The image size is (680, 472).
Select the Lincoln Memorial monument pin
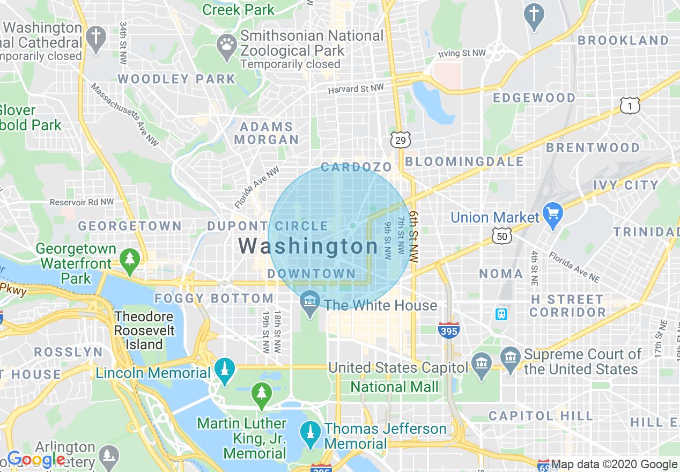pyautogui.click(x=224, y=371)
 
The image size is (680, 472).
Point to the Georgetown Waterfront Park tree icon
pyautogui.click(x=129, y=259)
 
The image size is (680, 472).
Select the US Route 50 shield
pyautogui.click(x=502, y=236)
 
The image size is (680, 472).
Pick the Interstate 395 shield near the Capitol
pyautogui.click(x=448, y=330)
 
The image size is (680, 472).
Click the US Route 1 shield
pyautogui.click(x=630, y=106)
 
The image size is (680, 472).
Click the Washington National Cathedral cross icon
pyautogui.click(x=96, y=38)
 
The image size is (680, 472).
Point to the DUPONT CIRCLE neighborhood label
pyautogui.click(x=268, y=226)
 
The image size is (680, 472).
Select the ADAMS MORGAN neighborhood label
pyautogui.click(x=267, y=133)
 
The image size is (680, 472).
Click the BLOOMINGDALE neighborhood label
pyautogui.click(x=464, y=161)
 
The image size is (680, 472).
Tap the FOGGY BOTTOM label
pyautogui.click(x=214, y=298)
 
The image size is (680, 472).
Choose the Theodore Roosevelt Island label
pyautogui.click(x=144, y=330)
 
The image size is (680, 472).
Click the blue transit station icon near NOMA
pyautogui.click(x=501, y=314)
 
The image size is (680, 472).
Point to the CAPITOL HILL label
pyautogui.click(x=541, y=416)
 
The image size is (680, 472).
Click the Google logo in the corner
pyautogui.click(x=36, y=460)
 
